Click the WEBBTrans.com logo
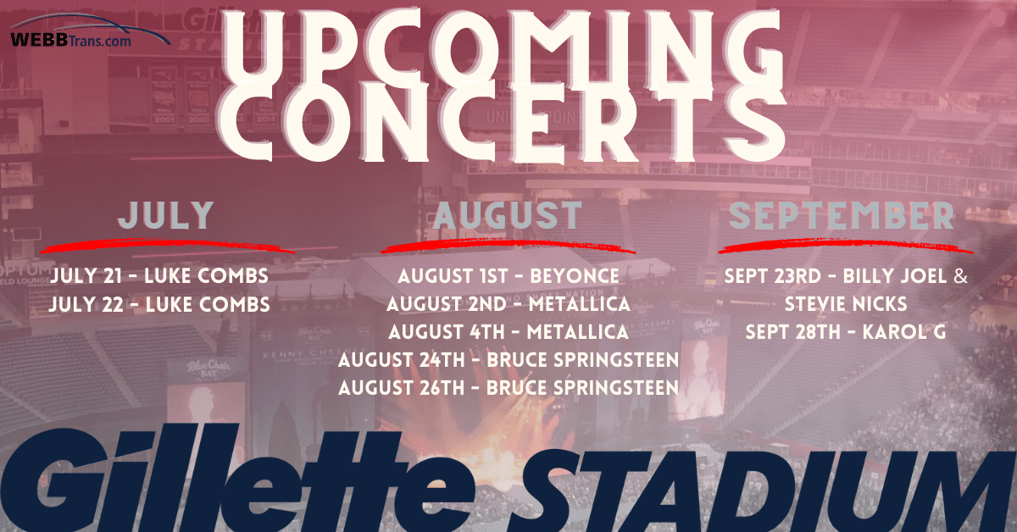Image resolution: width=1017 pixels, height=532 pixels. coord(90,30)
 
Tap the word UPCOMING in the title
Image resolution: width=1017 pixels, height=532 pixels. coord(503,46)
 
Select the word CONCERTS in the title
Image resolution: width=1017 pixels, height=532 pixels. coord(503,122)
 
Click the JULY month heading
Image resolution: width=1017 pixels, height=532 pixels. coord(166,215)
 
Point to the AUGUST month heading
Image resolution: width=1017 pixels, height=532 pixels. coord(508,215)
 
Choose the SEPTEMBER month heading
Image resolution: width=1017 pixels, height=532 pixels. coord(842,215)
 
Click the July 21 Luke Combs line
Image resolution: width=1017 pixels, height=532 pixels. coord(159,276)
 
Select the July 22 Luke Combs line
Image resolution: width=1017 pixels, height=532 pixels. coord(159,304)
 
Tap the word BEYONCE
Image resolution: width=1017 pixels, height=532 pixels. coord(575,276)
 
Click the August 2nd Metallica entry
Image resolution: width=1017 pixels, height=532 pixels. coord(508,304)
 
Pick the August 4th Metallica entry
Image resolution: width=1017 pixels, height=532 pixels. coord(508,332)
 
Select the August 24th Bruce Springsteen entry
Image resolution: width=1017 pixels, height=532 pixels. coord(508,360)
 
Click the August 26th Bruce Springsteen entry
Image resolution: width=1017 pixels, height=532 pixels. coord(508,388)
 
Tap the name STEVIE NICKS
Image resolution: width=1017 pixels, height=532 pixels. coord(846,304)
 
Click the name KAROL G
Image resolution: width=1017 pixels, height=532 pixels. coord(904,332)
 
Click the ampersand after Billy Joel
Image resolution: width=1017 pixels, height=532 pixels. coord(961,276)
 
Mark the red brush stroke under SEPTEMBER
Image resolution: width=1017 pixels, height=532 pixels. coord(846,247)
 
